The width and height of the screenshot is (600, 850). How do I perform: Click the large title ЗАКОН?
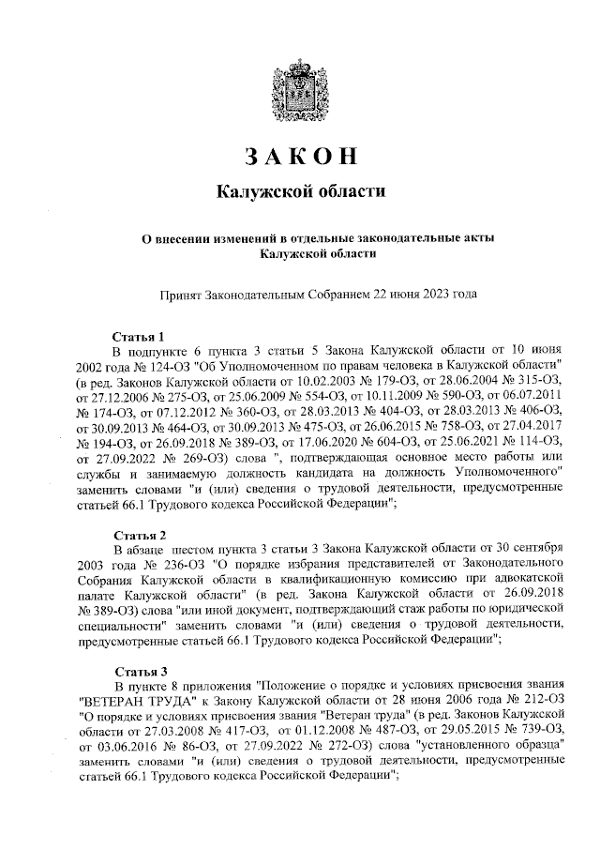pyautogui.click(x=300, y=157)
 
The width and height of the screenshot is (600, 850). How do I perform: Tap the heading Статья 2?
pyautogui.click(x=139, y=535)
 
